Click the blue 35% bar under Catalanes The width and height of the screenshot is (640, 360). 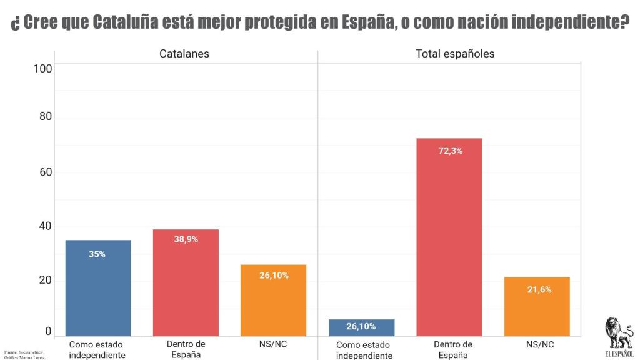coord(98,287)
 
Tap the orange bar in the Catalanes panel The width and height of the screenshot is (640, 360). coord(273,300)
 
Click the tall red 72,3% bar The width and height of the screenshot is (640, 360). coord(449,237)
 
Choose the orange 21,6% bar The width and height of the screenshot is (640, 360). coord(538,306)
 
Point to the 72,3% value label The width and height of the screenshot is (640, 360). coord(450,151)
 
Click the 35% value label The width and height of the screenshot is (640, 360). coord(97,254)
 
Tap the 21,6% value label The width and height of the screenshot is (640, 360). coord(539,289)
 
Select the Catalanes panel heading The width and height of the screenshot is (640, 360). coord(184,54)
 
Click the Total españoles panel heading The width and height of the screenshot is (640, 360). coord(455,54)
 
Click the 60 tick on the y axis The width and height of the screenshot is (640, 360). coord(46,172)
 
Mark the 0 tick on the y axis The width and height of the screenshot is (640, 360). coord(48,331)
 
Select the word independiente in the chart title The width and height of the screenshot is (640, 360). coord(562,22)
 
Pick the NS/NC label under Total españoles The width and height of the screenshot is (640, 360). coord(538,344)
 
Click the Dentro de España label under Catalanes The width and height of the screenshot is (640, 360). coord(186,349)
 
